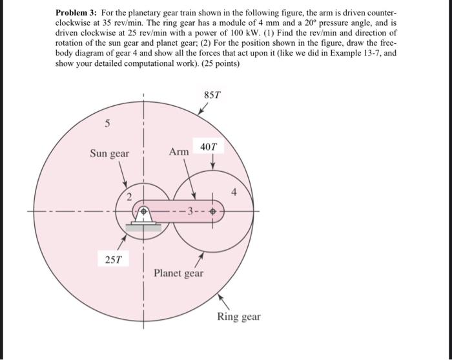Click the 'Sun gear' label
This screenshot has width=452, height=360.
pos(109,154)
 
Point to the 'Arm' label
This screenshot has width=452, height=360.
pos(179,152)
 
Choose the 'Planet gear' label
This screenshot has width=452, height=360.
pos(178,273)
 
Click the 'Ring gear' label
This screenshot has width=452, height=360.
pos(238,317)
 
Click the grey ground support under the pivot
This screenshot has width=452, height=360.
pos(143,226)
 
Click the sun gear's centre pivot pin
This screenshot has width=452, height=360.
pos(143,211)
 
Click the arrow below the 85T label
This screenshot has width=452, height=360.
pos(203,110)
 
